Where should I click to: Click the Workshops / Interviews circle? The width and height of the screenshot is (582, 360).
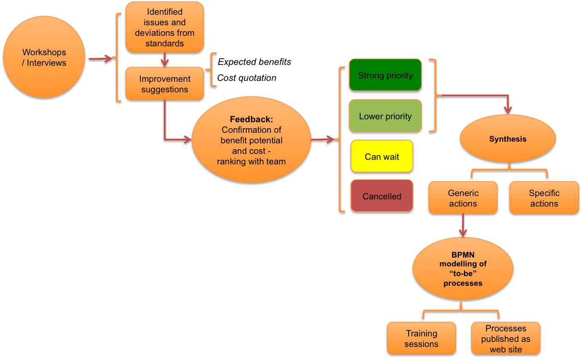click(44, 57)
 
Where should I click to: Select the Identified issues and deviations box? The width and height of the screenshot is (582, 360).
click(164, 27)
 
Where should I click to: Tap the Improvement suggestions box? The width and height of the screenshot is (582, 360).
click(164, 83)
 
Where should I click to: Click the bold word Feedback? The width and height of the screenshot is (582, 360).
click(251, 119)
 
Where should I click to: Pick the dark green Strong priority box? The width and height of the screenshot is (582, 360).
click(385, 75)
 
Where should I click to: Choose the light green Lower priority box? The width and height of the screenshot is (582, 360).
click(385, 116)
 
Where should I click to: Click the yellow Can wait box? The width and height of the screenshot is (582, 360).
click(382, 156)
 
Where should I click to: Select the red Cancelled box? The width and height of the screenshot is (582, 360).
click(382, 196)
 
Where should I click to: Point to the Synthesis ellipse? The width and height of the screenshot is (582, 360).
click(507, 139)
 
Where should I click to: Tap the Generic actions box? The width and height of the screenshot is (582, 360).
click(463, 198)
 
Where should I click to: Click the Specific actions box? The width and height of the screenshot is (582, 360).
click(544, 198)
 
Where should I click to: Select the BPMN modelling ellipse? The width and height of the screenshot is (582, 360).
click(463, 269)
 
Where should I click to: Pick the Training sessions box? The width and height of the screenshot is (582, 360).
click(421, 338)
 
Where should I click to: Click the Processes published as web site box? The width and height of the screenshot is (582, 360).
click(506, 338)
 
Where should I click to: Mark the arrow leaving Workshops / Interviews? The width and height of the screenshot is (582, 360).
click(100, 59)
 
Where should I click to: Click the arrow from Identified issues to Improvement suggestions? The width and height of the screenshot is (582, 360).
click(164, 59)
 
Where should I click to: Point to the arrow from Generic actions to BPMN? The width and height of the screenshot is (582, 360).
click(463, 225)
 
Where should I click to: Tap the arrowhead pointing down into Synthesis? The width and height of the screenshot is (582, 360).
click(508, 110)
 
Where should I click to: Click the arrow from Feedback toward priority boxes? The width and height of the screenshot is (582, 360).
click(323, 139)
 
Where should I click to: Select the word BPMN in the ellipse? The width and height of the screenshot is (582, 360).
click(463, 255)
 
